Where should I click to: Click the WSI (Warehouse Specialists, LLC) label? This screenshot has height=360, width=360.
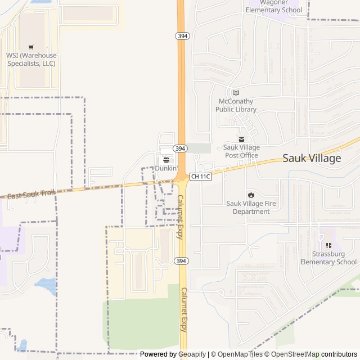[31, 59]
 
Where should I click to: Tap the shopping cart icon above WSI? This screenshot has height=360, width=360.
[31, 47]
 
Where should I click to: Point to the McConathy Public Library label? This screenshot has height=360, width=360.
[236, 105]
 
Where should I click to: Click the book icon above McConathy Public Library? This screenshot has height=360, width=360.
[236, 93]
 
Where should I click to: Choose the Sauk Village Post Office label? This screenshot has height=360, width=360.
[241, 151]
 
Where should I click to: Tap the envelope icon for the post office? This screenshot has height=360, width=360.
[241, 139]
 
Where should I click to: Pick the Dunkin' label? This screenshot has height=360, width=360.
[166, 168]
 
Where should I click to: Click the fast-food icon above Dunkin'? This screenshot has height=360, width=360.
[166, 160]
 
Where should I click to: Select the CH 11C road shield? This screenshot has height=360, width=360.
[200, 177]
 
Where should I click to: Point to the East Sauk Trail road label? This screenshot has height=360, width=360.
[31, 194]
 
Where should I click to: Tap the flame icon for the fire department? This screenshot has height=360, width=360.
[251, 195]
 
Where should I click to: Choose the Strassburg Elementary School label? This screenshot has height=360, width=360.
[328, 258]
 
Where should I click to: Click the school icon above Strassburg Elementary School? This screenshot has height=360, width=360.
[328, 245]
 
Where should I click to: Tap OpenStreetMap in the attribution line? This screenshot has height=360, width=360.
[294, 354]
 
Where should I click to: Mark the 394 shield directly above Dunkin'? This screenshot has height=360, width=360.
[180, 148]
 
